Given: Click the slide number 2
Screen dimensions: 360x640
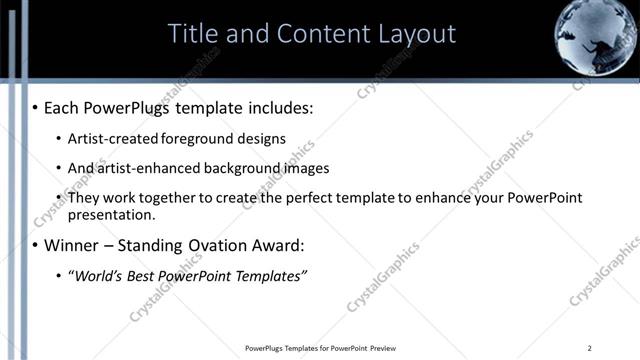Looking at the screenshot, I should [x=590, y=348].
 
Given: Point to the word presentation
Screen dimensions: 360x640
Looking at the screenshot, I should [x=112, y=215].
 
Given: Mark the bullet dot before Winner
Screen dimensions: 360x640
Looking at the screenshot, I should [x=37, y=245].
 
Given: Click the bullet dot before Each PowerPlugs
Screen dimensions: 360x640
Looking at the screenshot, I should [x=37, y=105].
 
